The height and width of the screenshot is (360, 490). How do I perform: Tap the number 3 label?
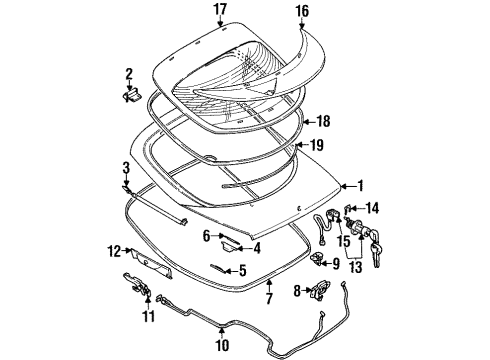click(x=126, y=167)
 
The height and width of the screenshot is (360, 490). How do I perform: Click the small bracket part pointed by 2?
click(x=130, y=94)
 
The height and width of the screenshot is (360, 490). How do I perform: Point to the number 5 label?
click(x=241, y=270)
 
